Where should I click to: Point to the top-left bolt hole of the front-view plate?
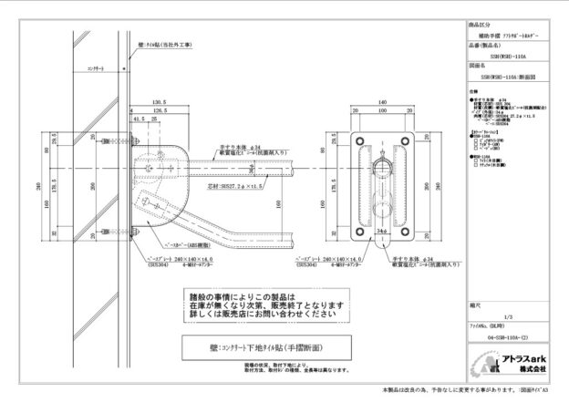click(x=358, y=139)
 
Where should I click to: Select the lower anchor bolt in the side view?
click(x=130, y=222)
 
